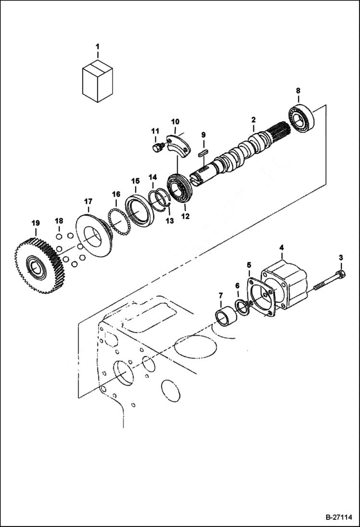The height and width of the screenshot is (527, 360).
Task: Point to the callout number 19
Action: coord(36,223)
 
